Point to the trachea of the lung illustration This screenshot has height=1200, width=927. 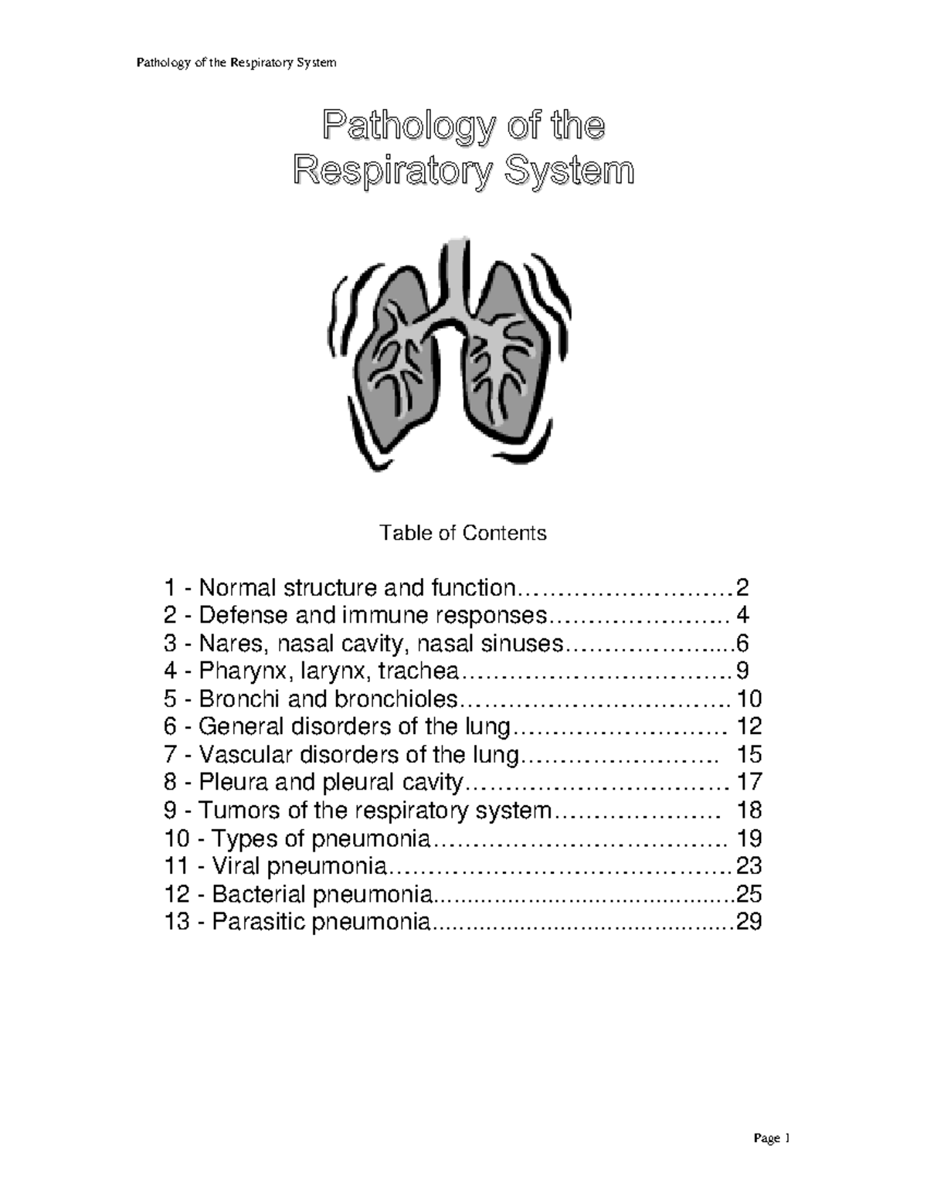[x=457, y=270]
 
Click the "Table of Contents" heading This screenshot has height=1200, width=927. [x=463, y=533]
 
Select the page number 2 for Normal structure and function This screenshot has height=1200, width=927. [x=742, y=589]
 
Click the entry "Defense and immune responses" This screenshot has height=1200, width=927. [x=373, y=616]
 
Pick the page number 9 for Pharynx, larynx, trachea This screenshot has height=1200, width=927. [x=742, y=671]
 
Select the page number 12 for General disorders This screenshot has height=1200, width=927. [x=749, y=726]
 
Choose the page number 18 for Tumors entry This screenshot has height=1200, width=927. [x=749, y=811]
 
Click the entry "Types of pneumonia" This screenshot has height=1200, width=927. [x=321, y=838]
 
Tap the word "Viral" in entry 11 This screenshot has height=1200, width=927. [x=236, y=866]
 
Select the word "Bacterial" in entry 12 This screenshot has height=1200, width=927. [x=258, y=894]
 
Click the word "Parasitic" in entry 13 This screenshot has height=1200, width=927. [x=258, y=922]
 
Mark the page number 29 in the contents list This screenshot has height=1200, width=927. [x=749, y=922]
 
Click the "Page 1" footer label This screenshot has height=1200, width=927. [x=772, y=1138]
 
